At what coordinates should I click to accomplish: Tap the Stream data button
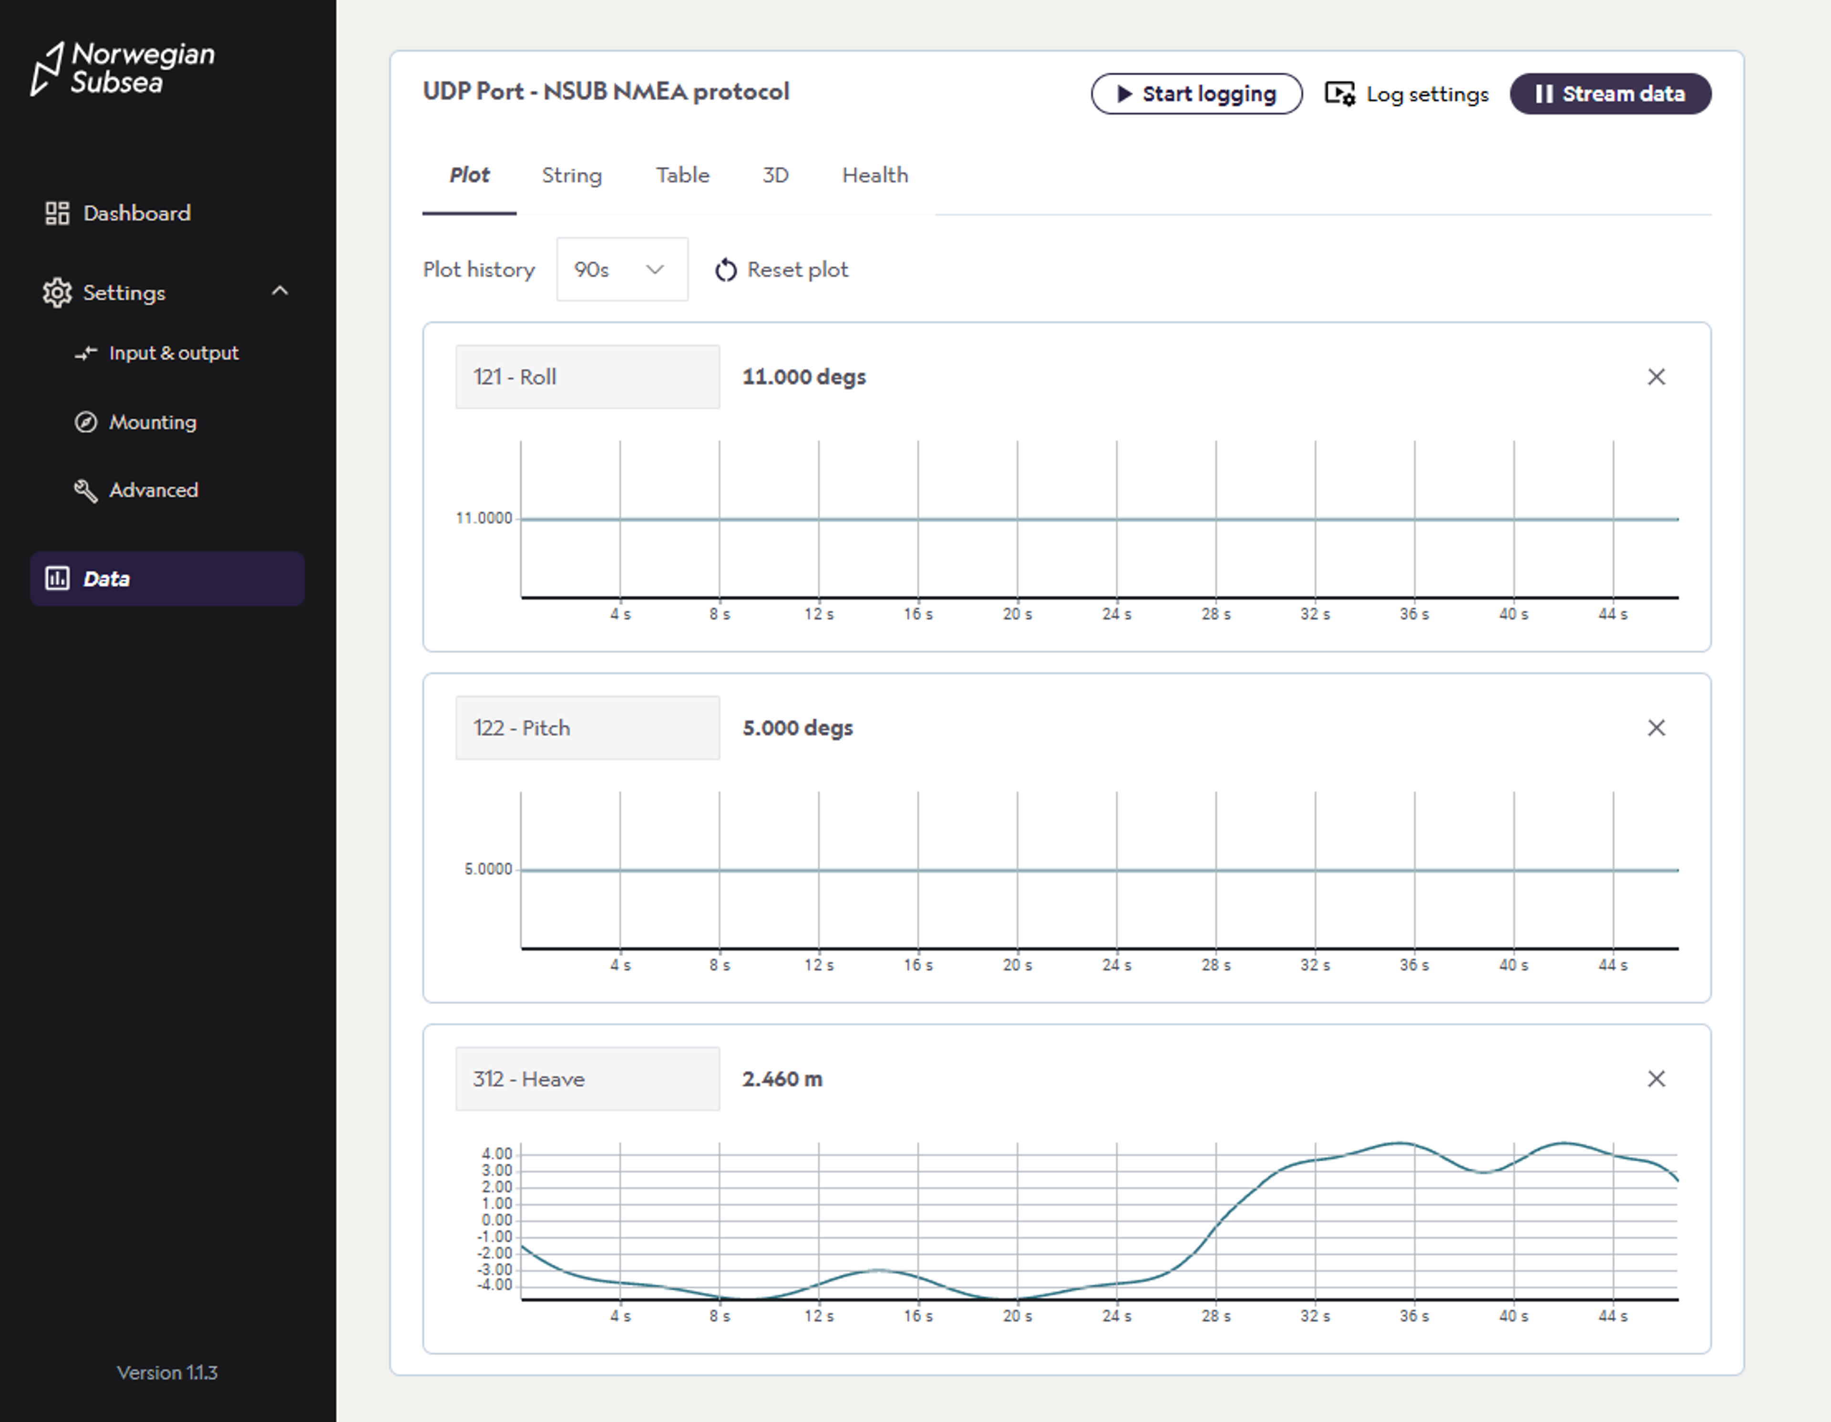1610,94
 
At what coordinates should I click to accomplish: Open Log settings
1407,94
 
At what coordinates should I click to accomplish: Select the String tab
572,175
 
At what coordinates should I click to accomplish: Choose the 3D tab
775,175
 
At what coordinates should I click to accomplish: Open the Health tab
874,175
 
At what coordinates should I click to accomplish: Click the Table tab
682,175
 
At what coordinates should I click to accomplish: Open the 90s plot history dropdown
621,269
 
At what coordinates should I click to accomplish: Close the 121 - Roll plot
1656,377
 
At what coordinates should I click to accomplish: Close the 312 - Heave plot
1656,1079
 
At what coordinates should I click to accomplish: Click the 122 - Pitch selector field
587,728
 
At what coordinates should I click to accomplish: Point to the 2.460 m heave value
782,1079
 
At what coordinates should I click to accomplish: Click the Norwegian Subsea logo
123,68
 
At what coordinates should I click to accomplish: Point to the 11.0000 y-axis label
484,518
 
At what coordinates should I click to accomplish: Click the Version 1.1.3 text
167,1372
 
